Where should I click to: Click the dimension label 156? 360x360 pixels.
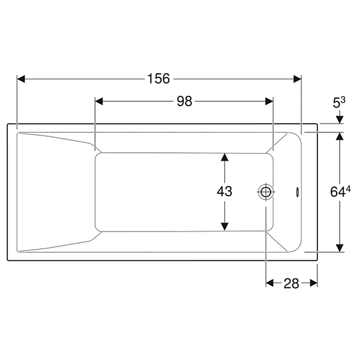click(x=158, y=79)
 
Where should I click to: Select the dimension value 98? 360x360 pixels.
click(x=184, y=101)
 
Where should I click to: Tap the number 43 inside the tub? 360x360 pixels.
click(x=224, y=191)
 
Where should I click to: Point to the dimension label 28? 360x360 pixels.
click(x=292, y=284)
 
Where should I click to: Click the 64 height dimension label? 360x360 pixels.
click(x=338, y=192)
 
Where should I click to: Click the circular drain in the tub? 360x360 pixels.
click(x=266, y=192)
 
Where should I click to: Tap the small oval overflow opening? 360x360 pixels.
click(x=297, y=192)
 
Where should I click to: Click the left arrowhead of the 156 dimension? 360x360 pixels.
click(x=21, y=79)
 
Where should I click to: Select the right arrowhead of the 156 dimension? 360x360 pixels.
click(x=298, y=79)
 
